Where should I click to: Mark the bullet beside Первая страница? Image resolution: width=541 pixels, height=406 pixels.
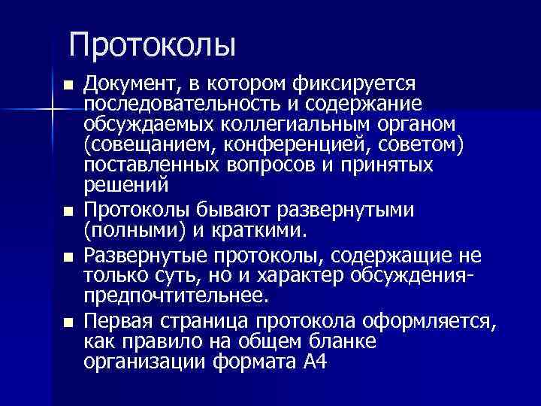point(69,323)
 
